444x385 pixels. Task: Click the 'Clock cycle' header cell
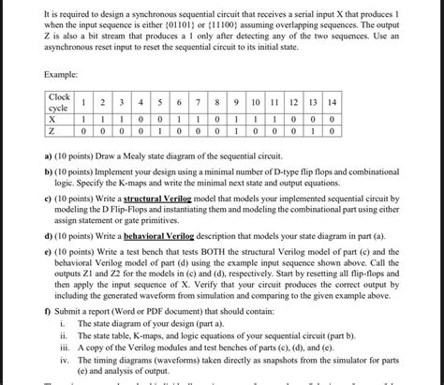click(x=61, y=103)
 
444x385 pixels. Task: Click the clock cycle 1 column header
click(x=85, y=102)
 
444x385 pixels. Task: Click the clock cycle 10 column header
click(x=255, y=102)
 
